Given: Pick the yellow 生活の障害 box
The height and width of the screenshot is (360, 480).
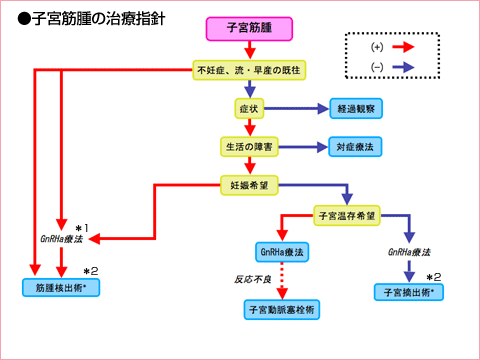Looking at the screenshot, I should point(249,145).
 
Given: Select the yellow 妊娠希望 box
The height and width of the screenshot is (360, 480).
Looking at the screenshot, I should point(249,185).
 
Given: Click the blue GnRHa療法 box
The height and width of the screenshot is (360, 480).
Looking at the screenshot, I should point(283,251).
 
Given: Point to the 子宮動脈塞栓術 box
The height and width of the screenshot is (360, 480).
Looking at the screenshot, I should point(283,310).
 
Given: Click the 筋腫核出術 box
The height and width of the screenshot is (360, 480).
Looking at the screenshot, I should point(62,287).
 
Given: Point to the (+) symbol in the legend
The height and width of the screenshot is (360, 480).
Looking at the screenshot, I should point(377,46).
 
